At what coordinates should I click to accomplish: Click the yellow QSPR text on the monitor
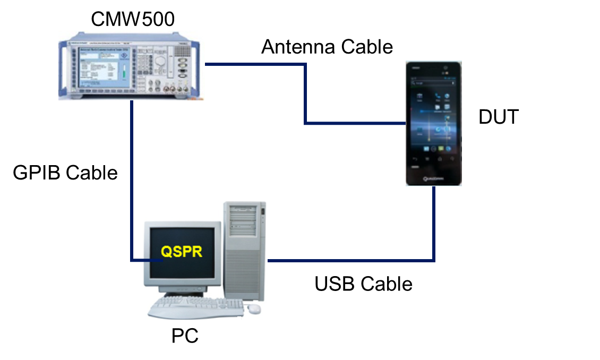click(x=182, y=251)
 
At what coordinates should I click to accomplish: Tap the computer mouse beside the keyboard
click(x=255, y=308)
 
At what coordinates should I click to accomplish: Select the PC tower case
click(x=245, y=250)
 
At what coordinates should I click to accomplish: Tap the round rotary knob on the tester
click(x=160, y=61)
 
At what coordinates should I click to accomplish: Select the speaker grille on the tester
click(x=182, y=51)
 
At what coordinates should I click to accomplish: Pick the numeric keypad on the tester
click(x=143, y=64)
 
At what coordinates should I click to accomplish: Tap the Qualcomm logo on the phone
click(x=434, y=179)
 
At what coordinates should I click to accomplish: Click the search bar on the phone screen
click(x=433, y=83)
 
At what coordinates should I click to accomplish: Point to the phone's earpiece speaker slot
click(x=434, y=67)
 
